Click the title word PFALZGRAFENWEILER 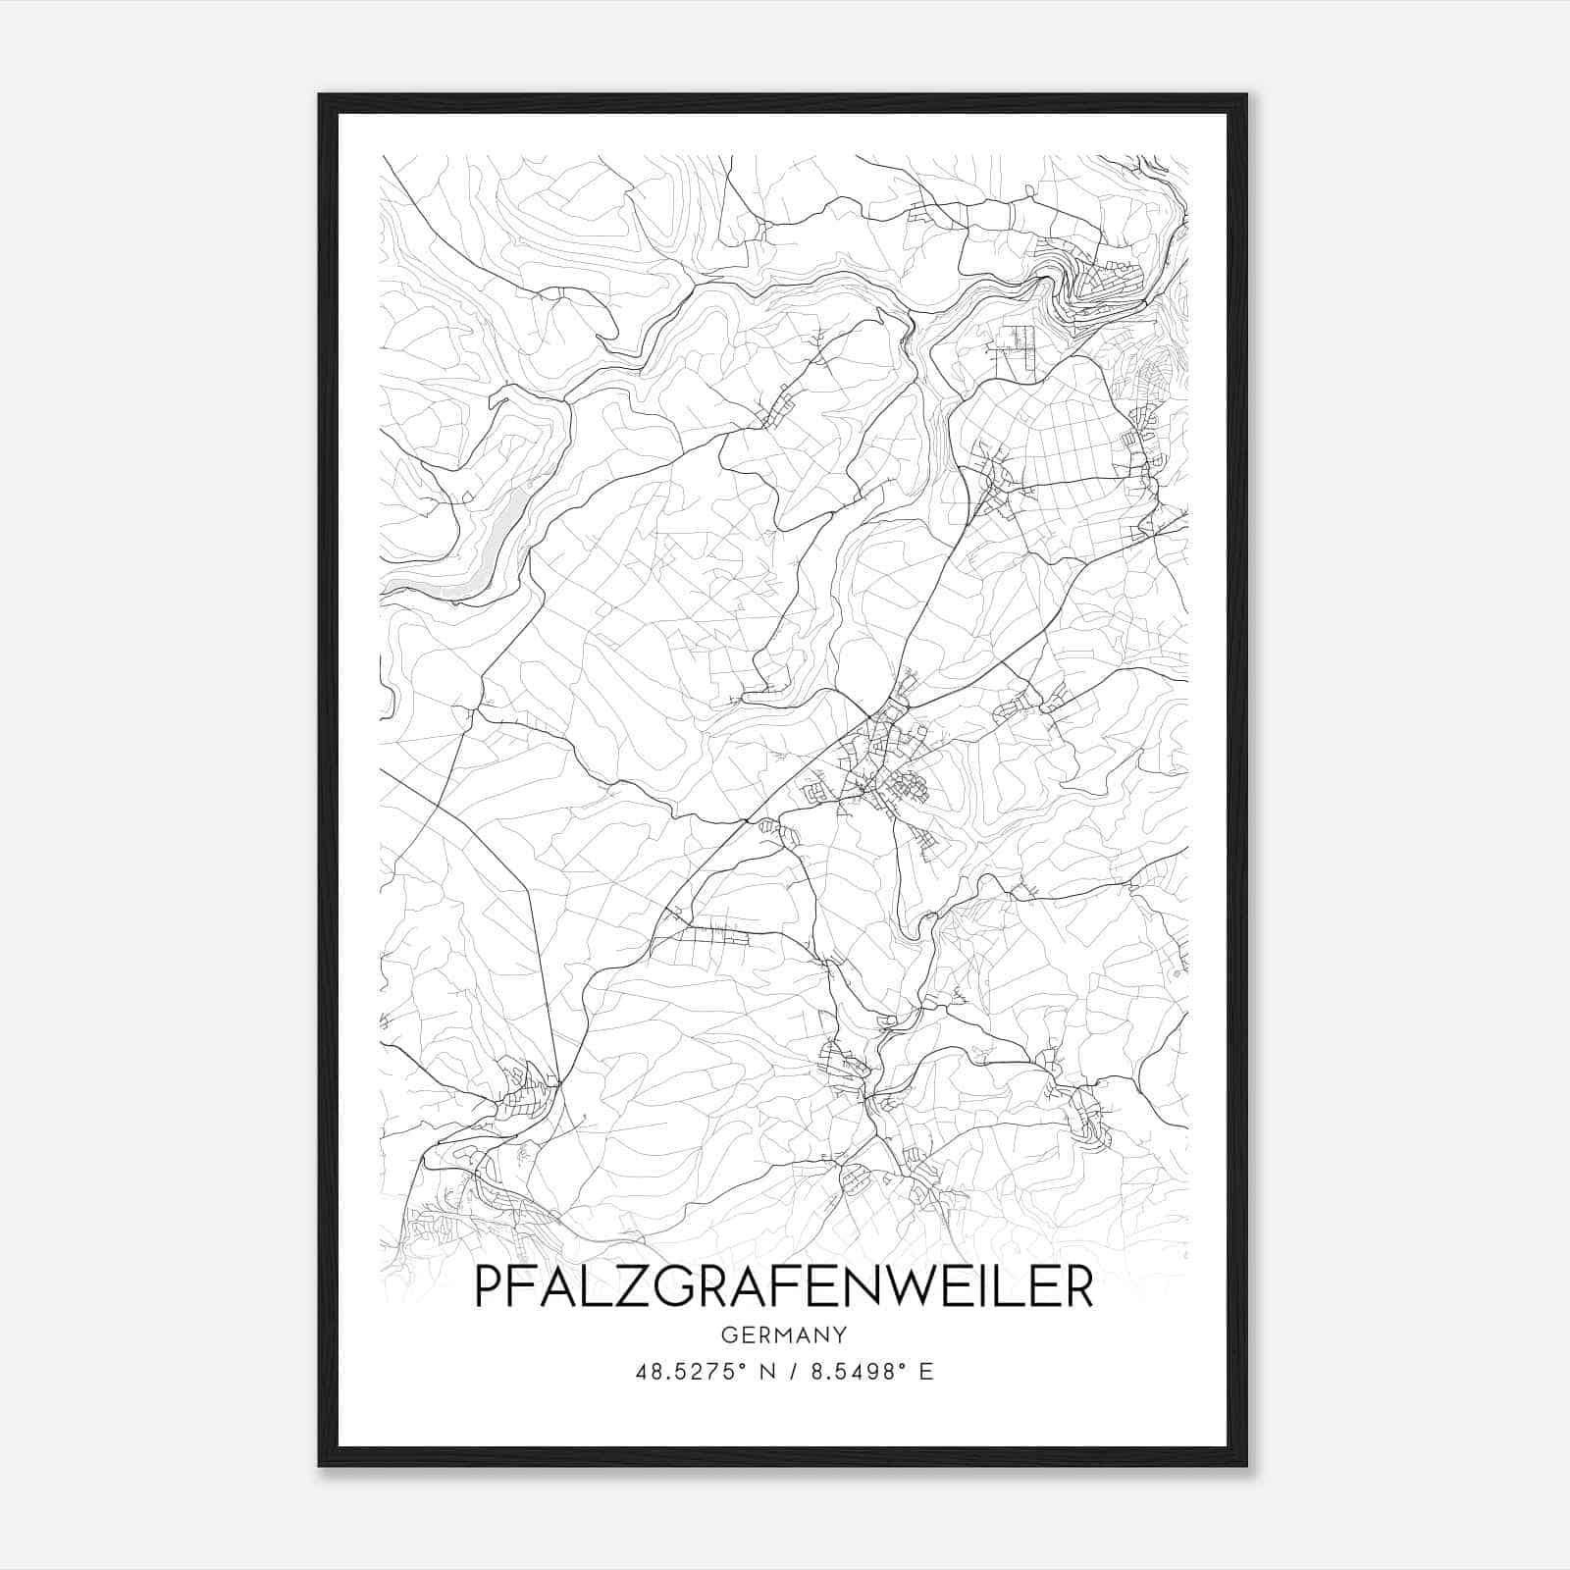click(x=783, y=1286)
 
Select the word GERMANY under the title click(x=783, y=1334)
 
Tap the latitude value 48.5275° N click(x=696, y=1372)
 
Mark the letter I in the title click(x=992, y=1286)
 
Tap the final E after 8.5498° click(x=926, y=1372)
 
